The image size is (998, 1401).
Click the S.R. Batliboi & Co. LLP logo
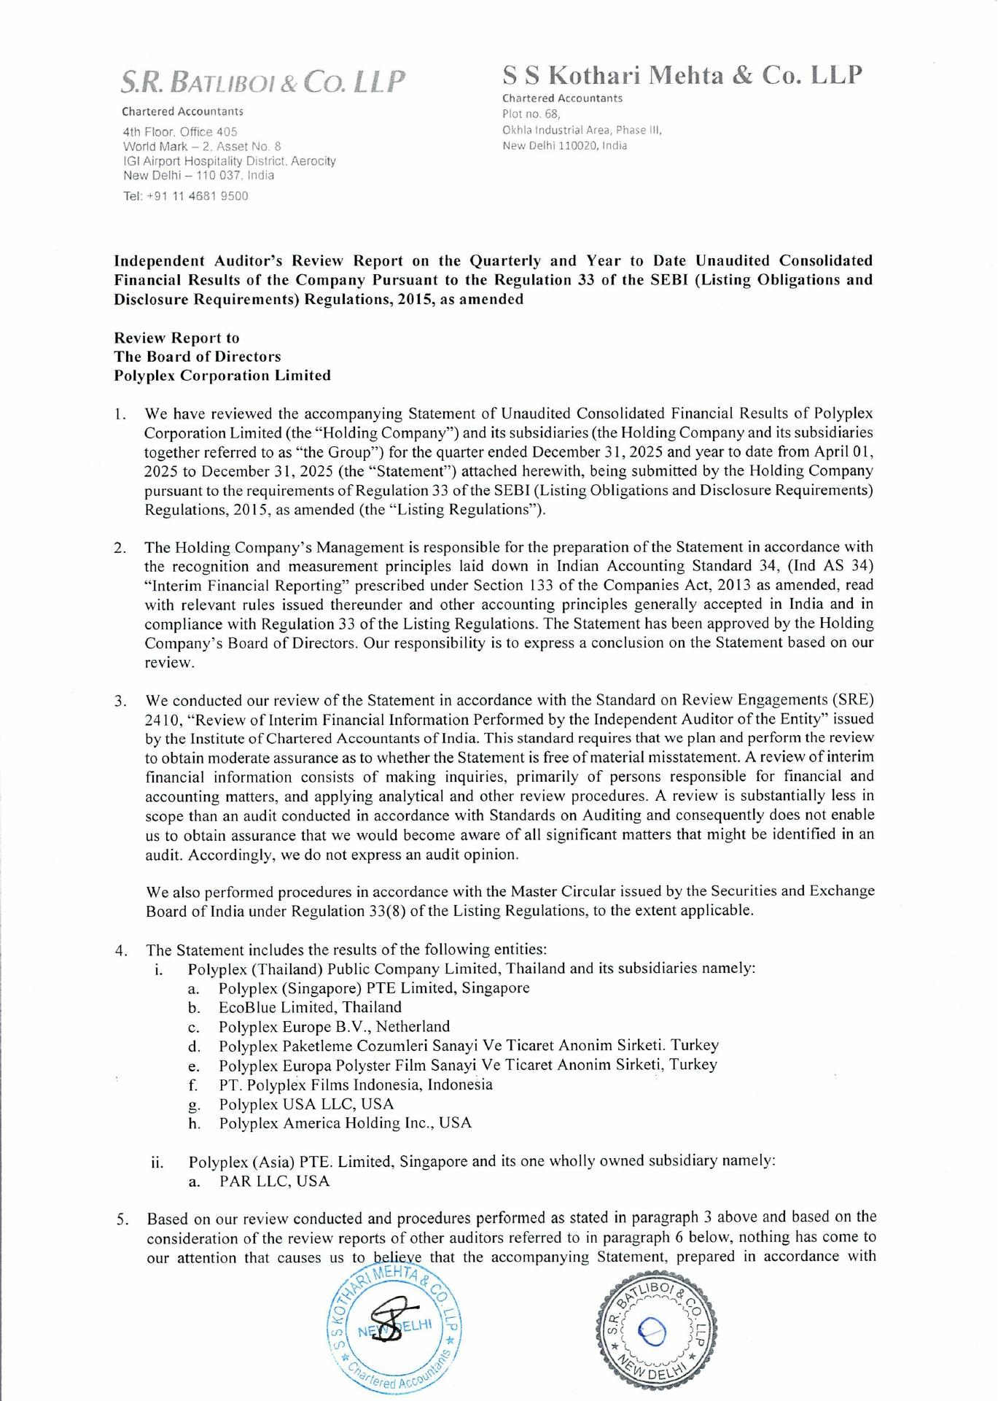(263, 82)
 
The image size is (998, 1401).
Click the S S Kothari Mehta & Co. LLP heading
(682, 75)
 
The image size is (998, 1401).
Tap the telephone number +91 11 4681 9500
(186, 196)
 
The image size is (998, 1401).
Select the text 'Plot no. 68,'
(531, 114)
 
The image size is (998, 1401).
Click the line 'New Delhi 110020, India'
(565, 145)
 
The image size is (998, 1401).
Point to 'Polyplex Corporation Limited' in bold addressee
(222, 376)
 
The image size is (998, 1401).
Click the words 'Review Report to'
(176, 338)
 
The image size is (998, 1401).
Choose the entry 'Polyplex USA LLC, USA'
(306, 1103)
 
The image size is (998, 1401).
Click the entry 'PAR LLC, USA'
(274, 1181)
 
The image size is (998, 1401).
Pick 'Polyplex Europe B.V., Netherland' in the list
(334, 1026)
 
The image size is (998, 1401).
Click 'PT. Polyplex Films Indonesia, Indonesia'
(355, 1084)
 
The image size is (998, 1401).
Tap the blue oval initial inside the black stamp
(651, 1332)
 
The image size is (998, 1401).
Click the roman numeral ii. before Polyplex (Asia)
(157, 1162)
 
